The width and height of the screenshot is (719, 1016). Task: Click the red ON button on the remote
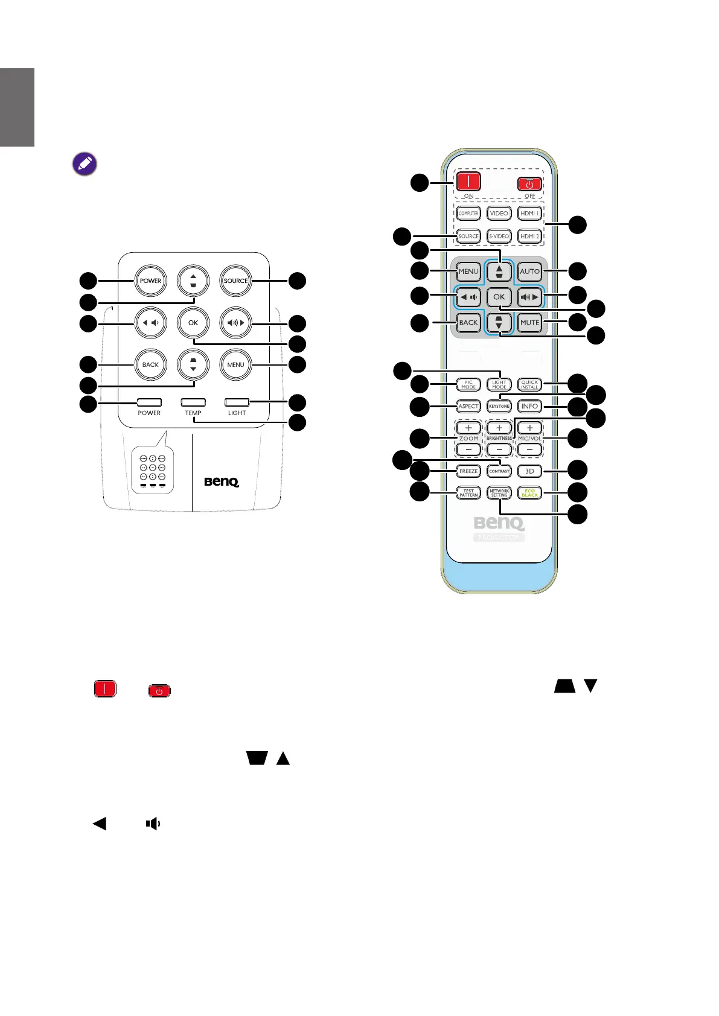click(468, 181)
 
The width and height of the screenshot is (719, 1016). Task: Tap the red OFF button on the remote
click(529, 184)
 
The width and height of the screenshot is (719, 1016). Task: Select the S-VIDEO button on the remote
click(499, 236)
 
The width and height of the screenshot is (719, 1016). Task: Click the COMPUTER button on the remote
click(468, 214)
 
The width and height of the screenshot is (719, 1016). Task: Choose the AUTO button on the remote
click(529, 271)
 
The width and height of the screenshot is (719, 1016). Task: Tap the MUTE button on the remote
click(529, 322)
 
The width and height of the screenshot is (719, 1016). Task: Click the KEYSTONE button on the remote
click(499, 406)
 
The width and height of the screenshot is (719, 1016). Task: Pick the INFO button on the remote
click(529, 406)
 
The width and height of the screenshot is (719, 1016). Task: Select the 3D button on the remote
click(529, 471)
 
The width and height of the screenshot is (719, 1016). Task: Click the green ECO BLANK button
click(529, 493)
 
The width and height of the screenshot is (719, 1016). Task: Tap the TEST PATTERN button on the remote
click(468, 493)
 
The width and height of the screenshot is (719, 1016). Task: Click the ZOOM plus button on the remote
click(468, 428)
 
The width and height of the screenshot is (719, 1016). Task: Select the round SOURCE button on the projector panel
click(235, 281)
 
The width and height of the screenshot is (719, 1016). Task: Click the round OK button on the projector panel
click(193, 323)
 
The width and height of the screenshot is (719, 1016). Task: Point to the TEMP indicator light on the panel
click(193, 402)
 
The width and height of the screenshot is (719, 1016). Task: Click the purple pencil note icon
click(85, 164)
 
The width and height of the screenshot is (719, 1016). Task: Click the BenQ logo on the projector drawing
click(222, 481)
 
